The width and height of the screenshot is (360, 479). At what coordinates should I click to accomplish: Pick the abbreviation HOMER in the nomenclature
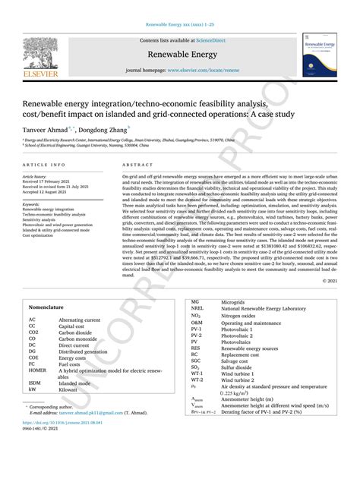38,370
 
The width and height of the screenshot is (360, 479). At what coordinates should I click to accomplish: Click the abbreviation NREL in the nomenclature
197,330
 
